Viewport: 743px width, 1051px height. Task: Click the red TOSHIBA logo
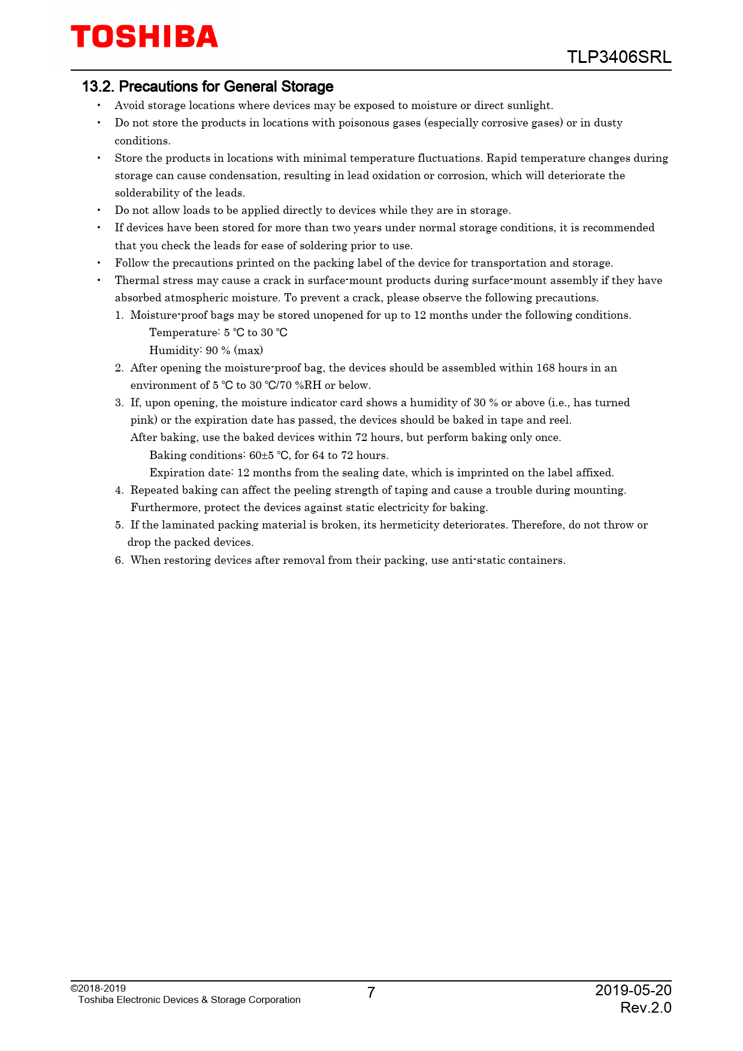click(144, 37)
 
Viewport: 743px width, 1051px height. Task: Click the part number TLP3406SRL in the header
click(619, 58)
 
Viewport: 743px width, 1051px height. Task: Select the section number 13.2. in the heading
click(98, 87)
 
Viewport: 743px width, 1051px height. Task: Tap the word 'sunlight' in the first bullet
click(529, 105)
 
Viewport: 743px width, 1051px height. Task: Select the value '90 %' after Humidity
click(218, 351)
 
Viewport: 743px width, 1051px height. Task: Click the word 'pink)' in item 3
click(144, 420)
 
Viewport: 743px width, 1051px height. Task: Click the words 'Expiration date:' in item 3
click(191, 473)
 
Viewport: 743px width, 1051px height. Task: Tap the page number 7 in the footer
click(371, 993)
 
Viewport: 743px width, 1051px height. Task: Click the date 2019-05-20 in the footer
click(633, 990)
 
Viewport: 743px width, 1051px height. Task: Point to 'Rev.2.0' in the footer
click(645, 1008)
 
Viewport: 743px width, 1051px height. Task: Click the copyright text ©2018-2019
click(98, 988)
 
